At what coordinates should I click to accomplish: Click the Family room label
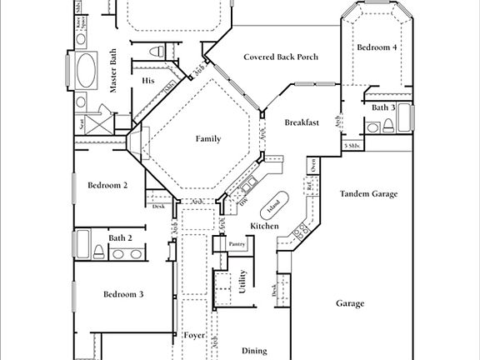coord(207,138)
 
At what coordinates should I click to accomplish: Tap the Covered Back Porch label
coord(280,57)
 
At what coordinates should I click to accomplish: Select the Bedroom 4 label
coord(377,48)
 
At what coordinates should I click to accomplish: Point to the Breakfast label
coord(302,122)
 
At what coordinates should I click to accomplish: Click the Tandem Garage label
coord(368,194)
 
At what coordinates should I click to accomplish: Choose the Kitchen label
coord(264,227)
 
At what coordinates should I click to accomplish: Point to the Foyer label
coord(193,335)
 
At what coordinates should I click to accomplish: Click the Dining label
coord(254,352)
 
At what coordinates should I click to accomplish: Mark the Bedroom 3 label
coord(123,294)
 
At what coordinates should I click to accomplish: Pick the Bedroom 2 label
coord(107,185)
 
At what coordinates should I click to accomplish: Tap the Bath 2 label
coord(121,238)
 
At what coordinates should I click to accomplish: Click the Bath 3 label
coord(382,107)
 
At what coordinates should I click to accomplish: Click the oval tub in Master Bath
coord(87,72)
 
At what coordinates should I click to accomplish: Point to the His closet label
coord(148,81)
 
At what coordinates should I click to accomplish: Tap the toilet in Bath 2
coord(98,252)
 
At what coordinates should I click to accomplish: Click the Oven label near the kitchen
coord(312,166)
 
